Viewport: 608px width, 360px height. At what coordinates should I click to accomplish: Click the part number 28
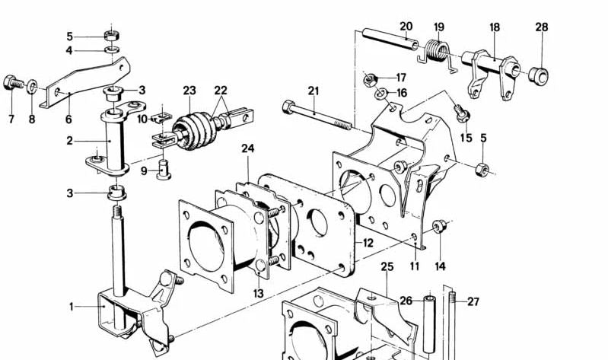click(x=541, y=27)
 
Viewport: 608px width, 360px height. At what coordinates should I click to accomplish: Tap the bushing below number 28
click(x=539, y=75)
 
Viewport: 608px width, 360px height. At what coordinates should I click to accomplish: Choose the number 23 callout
click(x=189, y=90)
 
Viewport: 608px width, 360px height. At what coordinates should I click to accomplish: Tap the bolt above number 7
click(x=14, y=81)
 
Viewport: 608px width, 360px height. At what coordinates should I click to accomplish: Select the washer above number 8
click(x=32, y=85)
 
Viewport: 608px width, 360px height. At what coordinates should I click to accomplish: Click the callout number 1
click(x=72, y=307)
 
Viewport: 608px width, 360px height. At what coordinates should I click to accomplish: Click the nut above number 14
click(x=438, y=226)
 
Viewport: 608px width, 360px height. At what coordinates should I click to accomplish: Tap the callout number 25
click(x=387, y=267)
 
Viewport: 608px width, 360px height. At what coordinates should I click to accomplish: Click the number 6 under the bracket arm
click(x=68, y=119)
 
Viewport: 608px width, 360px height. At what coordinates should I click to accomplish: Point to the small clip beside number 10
click(x=160, y=118)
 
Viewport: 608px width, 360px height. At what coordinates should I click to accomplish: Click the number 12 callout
click(x=368, y=243)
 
